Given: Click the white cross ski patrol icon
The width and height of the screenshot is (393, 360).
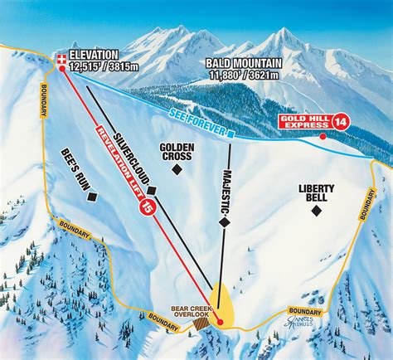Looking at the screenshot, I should pos(62,57).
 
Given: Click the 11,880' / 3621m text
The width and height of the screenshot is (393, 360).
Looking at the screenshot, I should pos(245,75).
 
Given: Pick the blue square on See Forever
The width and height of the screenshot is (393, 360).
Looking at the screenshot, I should pos(233,132).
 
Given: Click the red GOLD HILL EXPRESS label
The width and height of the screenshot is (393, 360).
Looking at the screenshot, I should pos(305,122).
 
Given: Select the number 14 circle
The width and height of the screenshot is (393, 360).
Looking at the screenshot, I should pos(338,122).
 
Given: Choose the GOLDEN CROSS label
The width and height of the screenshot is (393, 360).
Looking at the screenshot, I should pos(176,152).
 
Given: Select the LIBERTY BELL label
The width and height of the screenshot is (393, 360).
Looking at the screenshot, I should pos(316,193).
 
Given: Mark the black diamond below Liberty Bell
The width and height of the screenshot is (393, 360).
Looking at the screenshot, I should pos(316,211).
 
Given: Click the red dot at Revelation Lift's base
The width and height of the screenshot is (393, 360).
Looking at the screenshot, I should pos(220,321).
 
